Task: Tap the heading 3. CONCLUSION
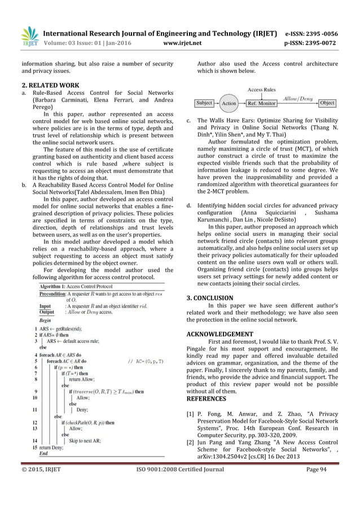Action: tap(209, 297)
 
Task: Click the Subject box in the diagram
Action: tap(204, 103)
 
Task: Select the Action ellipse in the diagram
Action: tap(229, 104)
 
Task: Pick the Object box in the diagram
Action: tap(327, 103)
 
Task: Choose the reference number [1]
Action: tap(190, 414)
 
